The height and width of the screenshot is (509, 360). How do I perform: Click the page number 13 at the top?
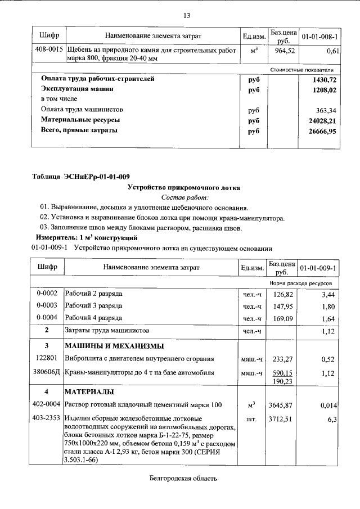[187, 15]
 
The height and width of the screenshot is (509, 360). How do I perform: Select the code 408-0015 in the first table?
[48, 51]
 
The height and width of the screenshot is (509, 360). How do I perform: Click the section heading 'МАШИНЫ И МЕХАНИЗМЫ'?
[114, 345]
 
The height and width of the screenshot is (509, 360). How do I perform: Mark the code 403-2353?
[48, 419]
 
